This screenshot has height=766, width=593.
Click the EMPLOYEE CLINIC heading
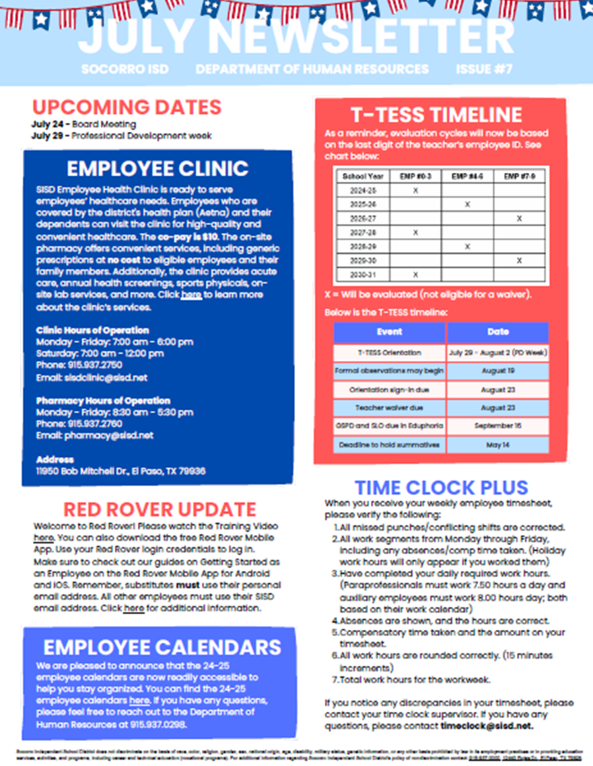point(157,169)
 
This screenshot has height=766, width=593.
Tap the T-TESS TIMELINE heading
point(436,115)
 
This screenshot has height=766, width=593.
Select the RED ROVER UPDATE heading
point(159,509)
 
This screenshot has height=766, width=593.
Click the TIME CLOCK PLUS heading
point(441,488)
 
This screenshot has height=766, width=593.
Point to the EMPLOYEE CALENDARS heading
point(162,647)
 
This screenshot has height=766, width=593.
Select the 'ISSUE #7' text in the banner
point(484,69)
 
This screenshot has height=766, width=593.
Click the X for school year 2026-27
point(519,218)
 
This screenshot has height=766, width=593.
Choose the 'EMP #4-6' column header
point(467,176)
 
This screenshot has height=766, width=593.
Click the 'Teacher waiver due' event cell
point(389,408)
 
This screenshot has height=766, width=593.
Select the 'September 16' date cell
point(498,426)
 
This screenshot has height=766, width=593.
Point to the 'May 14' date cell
point(498,445)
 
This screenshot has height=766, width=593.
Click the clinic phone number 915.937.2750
point(93,364)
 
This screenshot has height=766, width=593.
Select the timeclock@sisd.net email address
point(487,726)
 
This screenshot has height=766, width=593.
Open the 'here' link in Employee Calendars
point(139,701)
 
